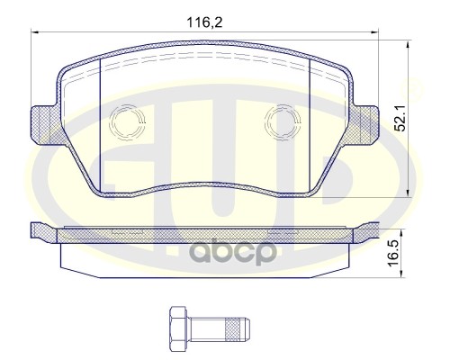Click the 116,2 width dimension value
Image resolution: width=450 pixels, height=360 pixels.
205,22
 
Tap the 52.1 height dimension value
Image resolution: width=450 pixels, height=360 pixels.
400,118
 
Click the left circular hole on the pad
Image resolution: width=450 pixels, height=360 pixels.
127,122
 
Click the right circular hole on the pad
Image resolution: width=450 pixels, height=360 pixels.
283,122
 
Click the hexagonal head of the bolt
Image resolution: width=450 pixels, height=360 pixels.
178,326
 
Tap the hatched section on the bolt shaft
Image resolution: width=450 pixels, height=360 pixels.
233,329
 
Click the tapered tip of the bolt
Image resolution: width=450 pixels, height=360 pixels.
246,329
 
